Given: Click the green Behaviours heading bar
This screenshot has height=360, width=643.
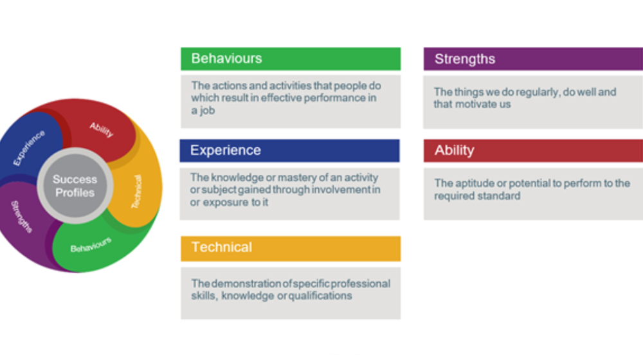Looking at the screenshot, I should tap(290, 59).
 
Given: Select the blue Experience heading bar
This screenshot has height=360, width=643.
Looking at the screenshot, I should tap(289, 150).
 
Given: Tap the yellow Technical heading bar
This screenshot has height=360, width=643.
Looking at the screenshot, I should tap(290, 248).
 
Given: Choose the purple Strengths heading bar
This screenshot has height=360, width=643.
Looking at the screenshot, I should tap(532, 59).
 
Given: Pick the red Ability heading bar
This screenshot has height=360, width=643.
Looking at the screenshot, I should tap(532, 150).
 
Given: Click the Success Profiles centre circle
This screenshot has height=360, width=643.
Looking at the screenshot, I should tap(74, 186).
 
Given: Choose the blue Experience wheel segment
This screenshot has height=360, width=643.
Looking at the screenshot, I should tap(28, 147).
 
